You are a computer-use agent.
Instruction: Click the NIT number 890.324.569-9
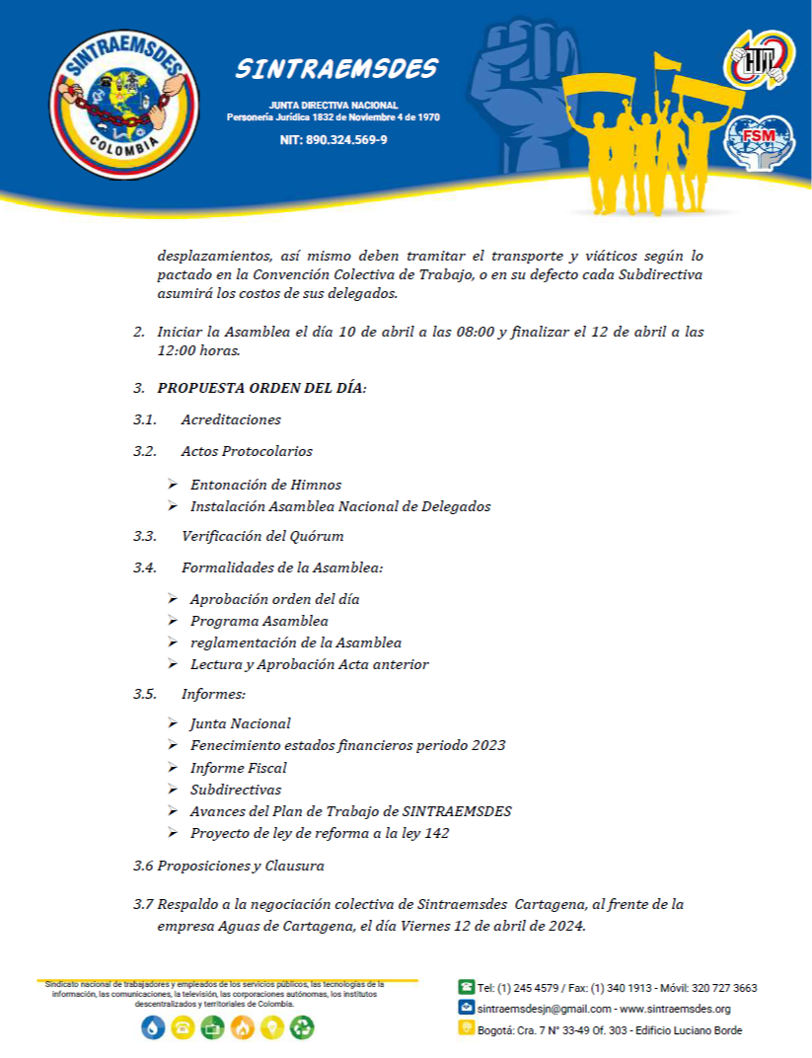point(333,140)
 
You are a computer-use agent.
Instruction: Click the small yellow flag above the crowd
point(666,61)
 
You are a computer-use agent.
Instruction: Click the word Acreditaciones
point(231,419)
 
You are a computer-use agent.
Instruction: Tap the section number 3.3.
point(145,536)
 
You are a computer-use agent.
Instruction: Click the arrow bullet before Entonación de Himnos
point(173,485)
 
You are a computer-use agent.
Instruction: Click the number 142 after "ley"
point(435,833)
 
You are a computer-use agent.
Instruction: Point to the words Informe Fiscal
point(239,767)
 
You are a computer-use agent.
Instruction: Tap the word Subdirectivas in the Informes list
point(236,790)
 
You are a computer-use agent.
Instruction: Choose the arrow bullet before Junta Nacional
point(173,723)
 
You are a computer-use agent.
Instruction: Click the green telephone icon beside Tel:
point(466,986)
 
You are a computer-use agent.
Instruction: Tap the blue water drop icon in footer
point(152,1027)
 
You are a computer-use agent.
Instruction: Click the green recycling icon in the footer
point(302,1027)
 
